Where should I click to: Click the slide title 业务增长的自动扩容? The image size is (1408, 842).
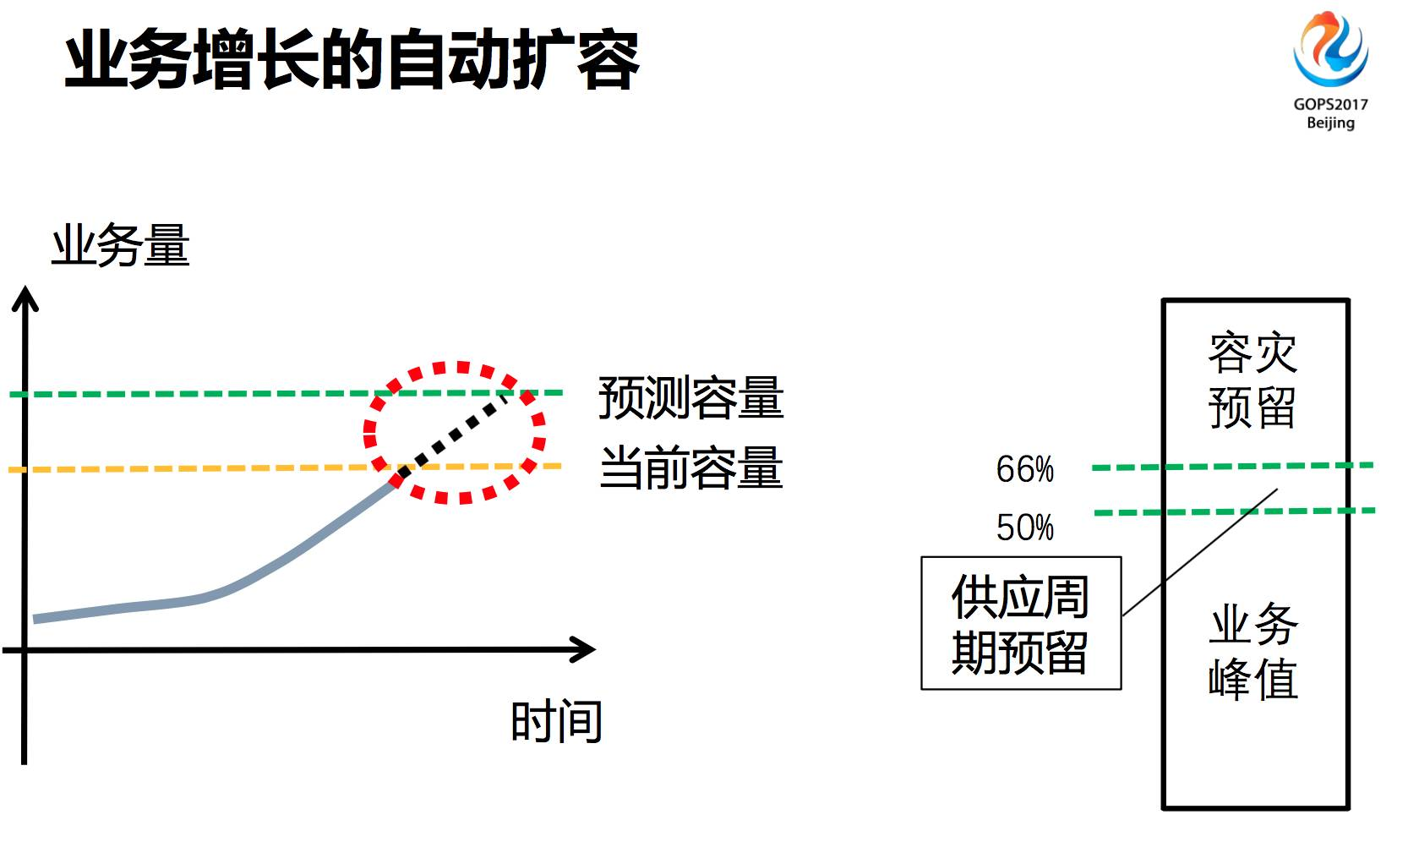pos(351,61)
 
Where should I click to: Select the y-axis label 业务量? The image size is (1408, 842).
pos(121,246)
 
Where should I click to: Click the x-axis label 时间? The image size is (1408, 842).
pos(556,721)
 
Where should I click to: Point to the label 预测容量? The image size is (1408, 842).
pos(690,397)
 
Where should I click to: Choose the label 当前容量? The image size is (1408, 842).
pos(690,467)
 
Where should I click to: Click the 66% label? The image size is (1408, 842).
pos(1024,469)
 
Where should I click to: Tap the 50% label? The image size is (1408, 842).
pos(1024,528)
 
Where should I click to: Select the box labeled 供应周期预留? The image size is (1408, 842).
pos(1021,623)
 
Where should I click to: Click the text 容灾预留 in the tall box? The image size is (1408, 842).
pos(1253,380)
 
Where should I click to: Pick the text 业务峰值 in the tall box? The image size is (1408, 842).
pos(1253,651)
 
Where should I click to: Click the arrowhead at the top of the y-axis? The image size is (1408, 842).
pos(25,298)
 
